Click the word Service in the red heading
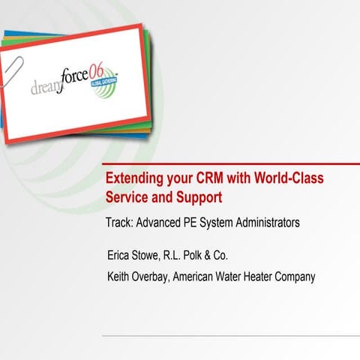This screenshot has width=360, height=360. (127, 199)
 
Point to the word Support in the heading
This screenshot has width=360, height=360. (200, 199)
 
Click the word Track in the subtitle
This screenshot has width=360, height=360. (120, 223)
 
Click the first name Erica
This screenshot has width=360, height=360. (121, 253)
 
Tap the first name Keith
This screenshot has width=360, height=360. (121, 277)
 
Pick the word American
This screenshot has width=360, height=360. (197, 277)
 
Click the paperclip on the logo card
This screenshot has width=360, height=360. (13, 56)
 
